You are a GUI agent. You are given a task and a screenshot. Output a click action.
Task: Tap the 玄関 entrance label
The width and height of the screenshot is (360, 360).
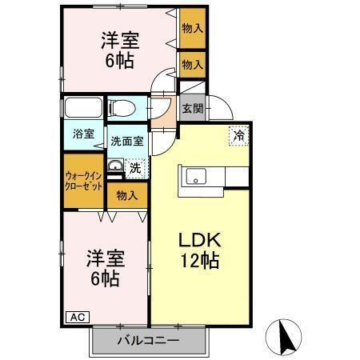tap(192, 108)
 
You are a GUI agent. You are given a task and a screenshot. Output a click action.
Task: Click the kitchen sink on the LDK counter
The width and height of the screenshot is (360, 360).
tap(195, 176)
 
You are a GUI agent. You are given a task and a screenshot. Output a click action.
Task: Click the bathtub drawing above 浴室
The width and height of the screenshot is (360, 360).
tap(82, 107)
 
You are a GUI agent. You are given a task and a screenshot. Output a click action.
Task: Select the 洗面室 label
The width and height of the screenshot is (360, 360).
tap(126, 142)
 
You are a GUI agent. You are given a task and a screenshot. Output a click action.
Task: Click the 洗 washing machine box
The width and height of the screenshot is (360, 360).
tap(136, 168)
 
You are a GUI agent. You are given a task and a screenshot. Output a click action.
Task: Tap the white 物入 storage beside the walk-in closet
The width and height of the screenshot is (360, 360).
tap(127, 194)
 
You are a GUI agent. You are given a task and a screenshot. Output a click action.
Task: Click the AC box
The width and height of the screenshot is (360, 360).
tap(75, 318)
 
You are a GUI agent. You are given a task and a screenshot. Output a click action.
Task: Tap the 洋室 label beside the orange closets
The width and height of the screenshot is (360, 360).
tap(118, 49)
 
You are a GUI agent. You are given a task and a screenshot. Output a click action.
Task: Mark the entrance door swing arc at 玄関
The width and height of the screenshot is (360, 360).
tap(221, 112)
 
